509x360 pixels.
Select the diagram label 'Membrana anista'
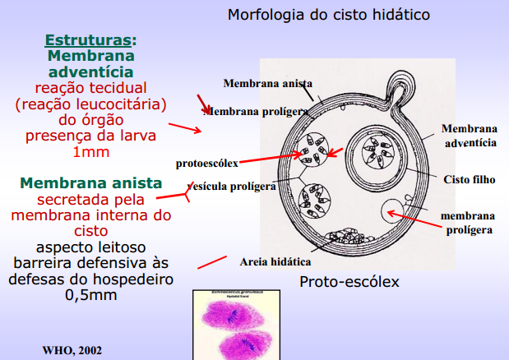[267, 83]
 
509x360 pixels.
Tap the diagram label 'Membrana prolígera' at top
[257, 109]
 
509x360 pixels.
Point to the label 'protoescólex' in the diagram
[206, 164]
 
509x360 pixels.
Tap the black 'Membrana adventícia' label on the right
[470, 136]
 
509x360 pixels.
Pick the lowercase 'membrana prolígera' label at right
[467, 223]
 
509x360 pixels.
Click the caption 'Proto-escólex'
[349, 282]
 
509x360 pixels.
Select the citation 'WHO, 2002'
[72, 350]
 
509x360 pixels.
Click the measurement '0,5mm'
[90, 295]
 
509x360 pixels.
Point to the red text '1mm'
[90, 153]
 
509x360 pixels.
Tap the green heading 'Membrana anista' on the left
[90, 182]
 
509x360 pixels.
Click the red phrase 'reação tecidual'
[90, 88]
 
